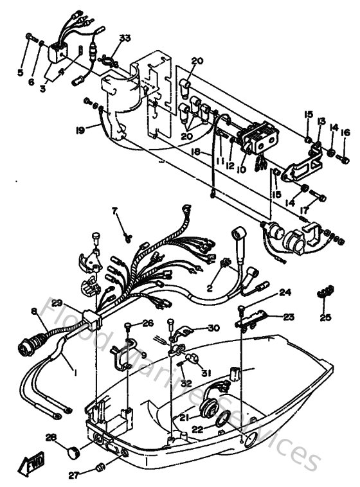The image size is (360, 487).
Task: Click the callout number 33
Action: [124, 39]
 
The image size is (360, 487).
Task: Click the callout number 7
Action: [116, 211]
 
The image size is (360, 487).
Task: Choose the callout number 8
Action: [34, 311]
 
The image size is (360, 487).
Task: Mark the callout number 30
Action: [196, 328]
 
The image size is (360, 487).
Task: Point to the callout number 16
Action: [345, 133]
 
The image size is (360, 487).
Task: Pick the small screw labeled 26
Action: [130, 324]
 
